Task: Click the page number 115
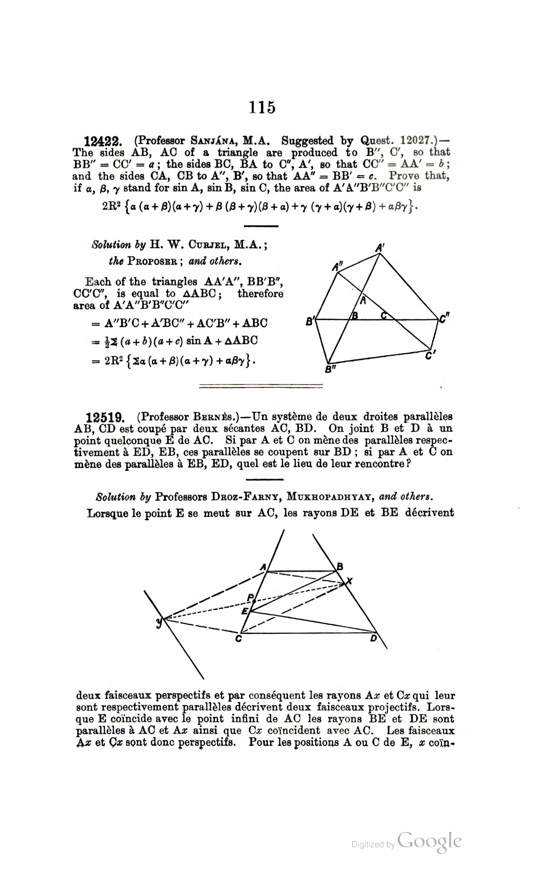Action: coord(262,107)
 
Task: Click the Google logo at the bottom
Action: coord(430,841)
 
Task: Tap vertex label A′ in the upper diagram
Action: coord(380,248)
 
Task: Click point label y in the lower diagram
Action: coord(159,622)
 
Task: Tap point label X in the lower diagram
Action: coord(350,581)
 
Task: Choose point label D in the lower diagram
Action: coord(374,638)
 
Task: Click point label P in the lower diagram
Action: coord(250,597)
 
